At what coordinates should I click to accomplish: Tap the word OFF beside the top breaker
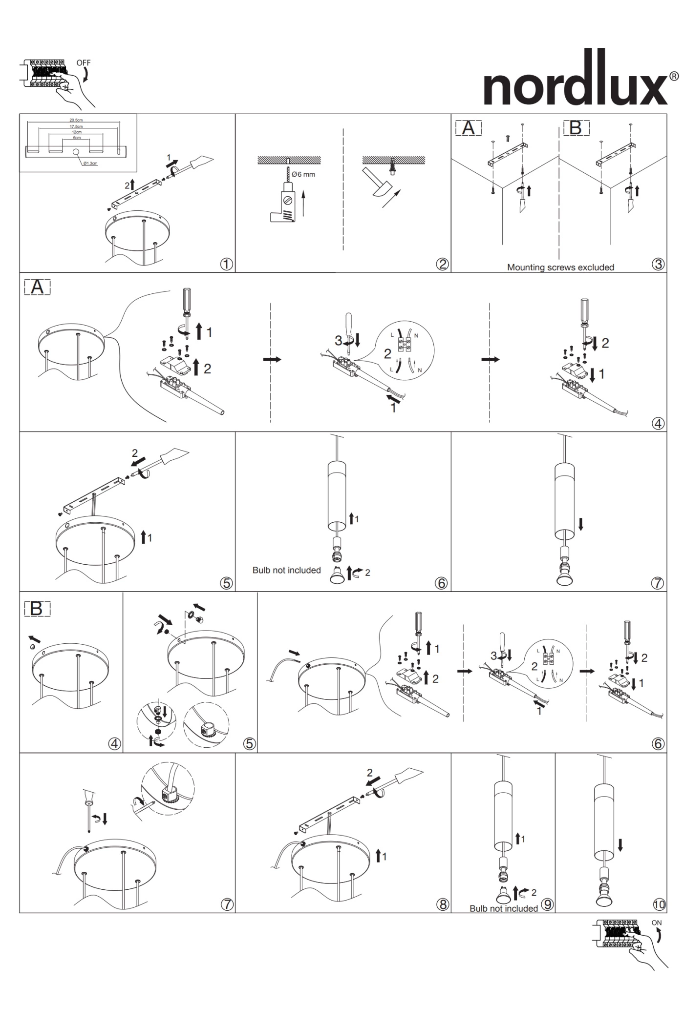pyautogui.click(x=83, y=63)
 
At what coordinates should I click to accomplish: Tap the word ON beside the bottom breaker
pyautogui.click(x=656, y=922)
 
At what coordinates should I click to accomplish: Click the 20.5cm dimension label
pyautogui.click(x=76, y=120)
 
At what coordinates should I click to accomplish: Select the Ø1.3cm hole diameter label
pyautogui.click(x=90, y=163)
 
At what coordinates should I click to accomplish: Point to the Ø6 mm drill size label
pyautogui.click(x=303, y=174)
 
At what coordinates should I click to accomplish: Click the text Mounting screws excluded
pyautogui.click(x=560, y=267)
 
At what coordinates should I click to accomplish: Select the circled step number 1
pyautogui.click(x=226, y=264)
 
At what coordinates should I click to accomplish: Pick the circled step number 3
pyautogui.click(x=658, y=264)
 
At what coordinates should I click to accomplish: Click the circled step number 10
pyautogui.click(x=659, y=904)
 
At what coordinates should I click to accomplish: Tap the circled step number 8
pyautogui.click(x=442, y=904)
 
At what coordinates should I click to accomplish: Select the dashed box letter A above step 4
pyautogui.click(x=37, y=287)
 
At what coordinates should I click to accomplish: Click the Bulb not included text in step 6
pyautogui.click(x=286, y=570)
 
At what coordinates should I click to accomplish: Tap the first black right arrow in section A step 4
pyautogui.click(x=272, y=359)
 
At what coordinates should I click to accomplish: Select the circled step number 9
pyautogui.click(x=547, y=904)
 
